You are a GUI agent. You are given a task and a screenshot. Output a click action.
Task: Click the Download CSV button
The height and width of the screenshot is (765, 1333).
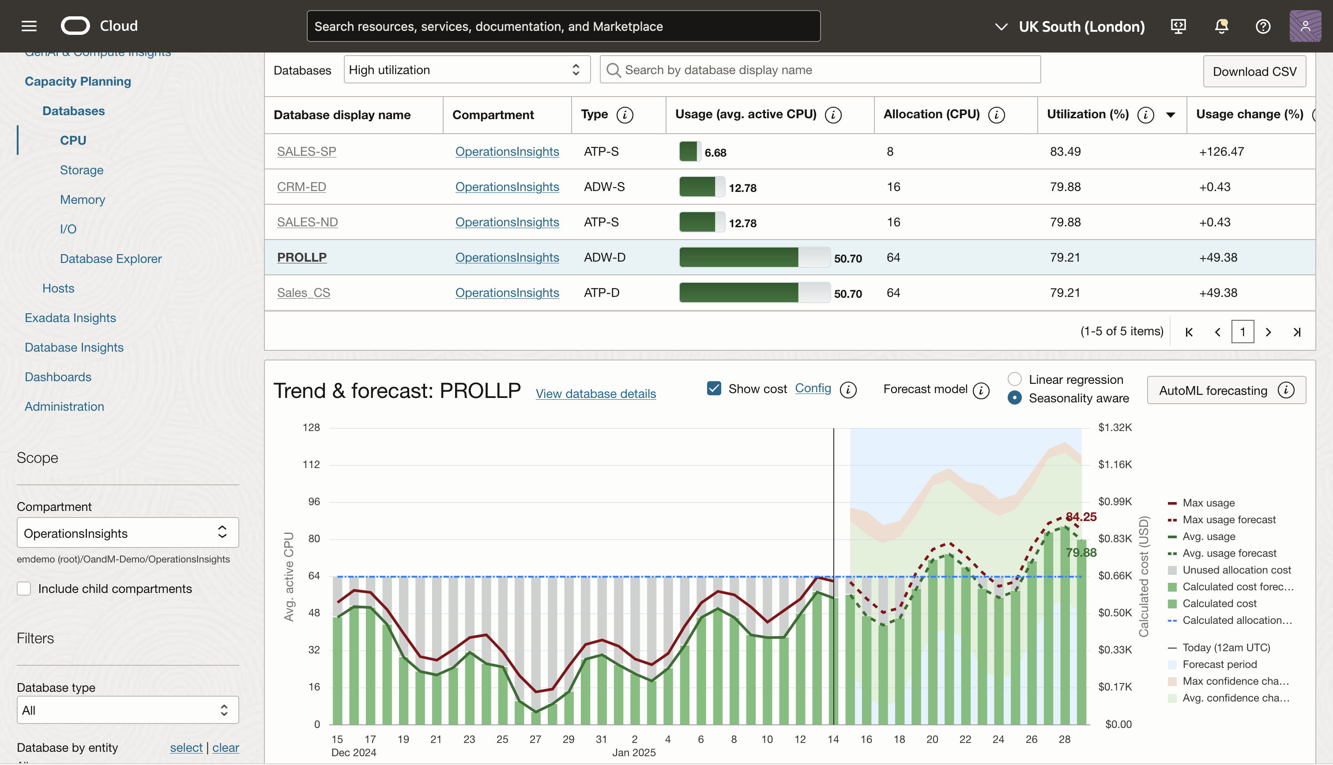point(1254,71)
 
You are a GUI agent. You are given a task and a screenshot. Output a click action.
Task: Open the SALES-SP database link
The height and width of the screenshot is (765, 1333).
point(306,151)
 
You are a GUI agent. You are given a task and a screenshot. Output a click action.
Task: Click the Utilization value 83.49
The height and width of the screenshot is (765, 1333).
point(1065,151)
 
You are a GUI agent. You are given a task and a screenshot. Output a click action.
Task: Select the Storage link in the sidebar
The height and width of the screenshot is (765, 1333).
point(82,170)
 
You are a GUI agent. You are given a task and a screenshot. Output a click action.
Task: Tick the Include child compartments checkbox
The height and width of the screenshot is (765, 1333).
point(24,589)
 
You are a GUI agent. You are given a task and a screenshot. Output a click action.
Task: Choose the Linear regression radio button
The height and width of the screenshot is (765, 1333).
point(1014,379)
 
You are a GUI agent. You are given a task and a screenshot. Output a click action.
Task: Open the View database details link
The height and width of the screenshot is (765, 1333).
point(595,394)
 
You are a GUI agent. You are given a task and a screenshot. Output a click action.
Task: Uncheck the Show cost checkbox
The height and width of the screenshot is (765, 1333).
point(714,388)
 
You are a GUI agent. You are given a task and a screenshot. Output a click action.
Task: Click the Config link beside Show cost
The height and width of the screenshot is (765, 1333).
point(813,388)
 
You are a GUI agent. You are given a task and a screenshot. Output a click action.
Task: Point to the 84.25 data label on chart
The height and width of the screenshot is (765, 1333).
point(1081,517)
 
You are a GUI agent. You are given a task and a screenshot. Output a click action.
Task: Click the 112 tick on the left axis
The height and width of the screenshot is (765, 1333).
point(311,465)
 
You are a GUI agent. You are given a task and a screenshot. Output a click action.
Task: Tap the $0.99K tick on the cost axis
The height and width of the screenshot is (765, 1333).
point(1115,501)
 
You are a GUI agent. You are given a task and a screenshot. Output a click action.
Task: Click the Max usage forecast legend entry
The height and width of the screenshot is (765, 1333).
point(1228,520)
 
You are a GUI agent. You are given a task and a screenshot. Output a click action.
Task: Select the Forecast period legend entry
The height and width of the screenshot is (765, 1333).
point(1219,664)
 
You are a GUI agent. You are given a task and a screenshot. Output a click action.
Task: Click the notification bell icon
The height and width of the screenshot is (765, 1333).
point(1221,26)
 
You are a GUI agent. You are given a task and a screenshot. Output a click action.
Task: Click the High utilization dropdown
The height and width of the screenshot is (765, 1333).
point(466,70)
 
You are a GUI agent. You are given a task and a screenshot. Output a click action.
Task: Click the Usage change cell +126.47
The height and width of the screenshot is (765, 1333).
point(1221,151)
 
